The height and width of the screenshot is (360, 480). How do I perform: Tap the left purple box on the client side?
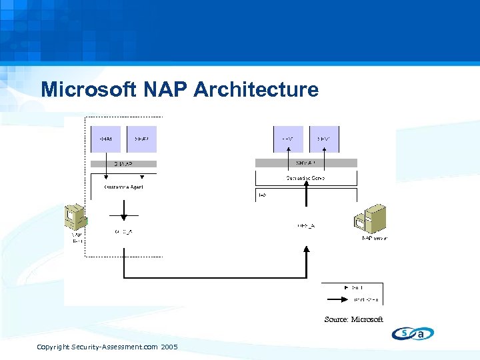(106, 139)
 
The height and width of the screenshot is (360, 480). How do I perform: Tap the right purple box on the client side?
(141, 139)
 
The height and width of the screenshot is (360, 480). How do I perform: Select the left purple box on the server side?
(288, 139)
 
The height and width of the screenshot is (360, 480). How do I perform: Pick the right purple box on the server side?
(324, 139)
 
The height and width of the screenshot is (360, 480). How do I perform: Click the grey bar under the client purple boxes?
(123, 163)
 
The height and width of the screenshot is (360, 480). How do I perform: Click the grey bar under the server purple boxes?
(306, 163)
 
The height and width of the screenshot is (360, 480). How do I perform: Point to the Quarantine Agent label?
(123, 187)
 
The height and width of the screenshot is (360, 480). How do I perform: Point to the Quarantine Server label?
(306, 179)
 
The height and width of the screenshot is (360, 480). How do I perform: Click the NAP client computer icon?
(75, 218)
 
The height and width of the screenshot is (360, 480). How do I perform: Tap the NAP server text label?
(375, 238)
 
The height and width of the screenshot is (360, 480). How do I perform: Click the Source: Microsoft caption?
(353, 319)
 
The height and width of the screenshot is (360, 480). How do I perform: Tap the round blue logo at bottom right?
(413, 333)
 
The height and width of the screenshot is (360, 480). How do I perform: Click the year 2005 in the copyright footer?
(169, 347)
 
